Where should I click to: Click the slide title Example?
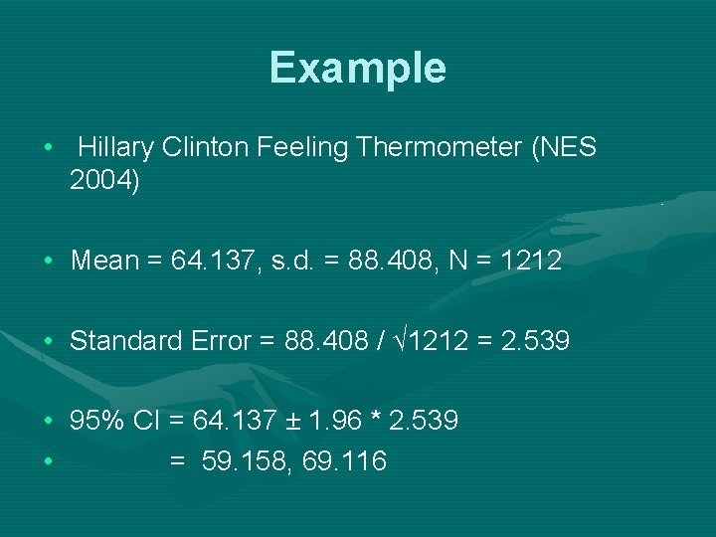pos(357,68)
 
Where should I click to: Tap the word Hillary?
pos(115,148)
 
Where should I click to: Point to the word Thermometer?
pos(436,148)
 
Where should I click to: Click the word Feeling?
pos(302,148)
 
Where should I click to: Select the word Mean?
pos(104,261)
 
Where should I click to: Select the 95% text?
pos(95,421)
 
